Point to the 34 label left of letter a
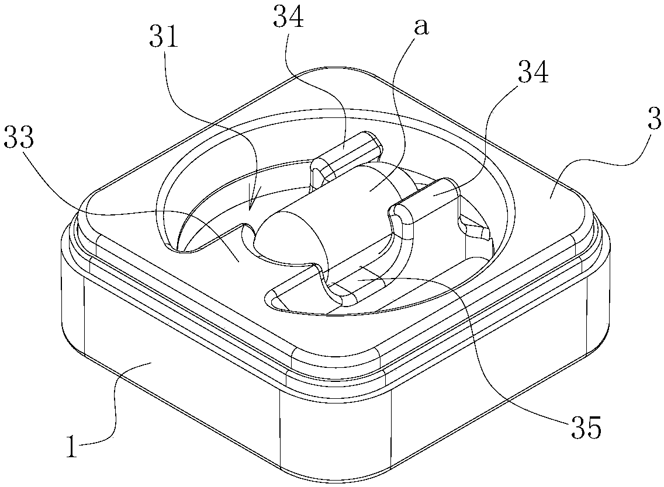coord(289,19)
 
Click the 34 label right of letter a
coord(532,74)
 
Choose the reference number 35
coord(585,429)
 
